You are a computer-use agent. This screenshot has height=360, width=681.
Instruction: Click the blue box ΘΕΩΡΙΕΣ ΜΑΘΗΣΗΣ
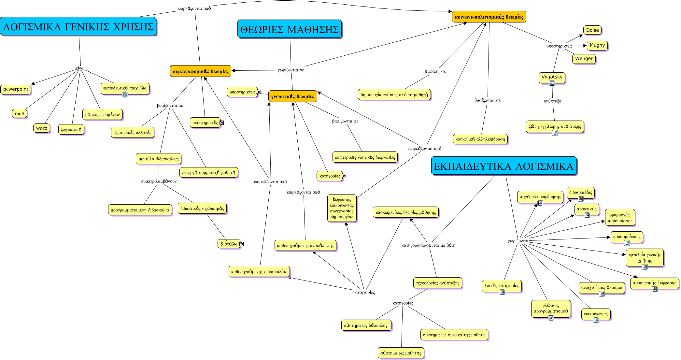pyautogui.click(x=290, y=29)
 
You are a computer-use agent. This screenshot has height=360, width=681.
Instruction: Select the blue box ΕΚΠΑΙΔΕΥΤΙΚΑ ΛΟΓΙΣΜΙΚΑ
pyautogui.click(x=504, y=166)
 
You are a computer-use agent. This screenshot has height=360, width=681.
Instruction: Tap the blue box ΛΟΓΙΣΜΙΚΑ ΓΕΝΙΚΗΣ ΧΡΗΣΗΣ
pyautogui.click(x=78, y=26)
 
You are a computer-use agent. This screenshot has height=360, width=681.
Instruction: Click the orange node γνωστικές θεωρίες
pyautogui.click(x=293, y=96)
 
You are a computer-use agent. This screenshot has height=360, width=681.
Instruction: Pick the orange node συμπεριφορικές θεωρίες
pyautogui.click(x=201, y=71)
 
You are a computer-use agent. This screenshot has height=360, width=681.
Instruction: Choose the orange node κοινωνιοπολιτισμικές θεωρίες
pyautogui.click(x=489, y=17)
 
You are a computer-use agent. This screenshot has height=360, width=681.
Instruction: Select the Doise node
pyautogui.click(x=592, y=30)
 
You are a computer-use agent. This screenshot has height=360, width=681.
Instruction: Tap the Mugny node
pyautogui.click(x=597, y=45)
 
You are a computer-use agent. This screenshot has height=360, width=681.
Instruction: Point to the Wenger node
pyautogui.click(x=584, y=59)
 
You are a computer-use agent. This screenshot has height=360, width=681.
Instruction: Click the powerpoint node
pyautogui.click(x=16, y=89)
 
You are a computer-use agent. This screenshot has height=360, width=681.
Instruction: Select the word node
pyautogui.click(x=42, y=128)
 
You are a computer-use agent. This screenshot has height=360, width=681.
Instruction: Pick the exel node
pyautogui.click(x=20, y=113)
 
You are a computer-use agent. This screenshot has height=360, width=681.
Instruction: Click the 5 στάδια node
pyautogui.click(x=229, y=244)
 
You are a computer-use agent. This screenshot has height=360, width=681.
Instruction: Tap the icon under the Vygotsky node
pyautogui.click(x=552, y=83)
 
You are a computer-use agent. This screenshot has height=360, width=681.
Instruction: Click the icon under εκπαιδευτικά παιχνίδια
pyautogui.click(x=125, y=94)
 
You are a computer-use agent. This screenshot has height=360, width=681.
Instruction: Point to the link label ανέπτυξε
pyautogui.click(x=552, y=101)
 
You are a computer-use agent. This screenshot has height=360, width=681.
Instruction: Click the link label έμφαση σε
pyautogui.click(x=435, y=71)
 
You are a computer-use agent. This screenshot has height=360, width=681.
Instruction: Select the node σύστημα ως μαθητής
pyautogui.click(x=401, y=353)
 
